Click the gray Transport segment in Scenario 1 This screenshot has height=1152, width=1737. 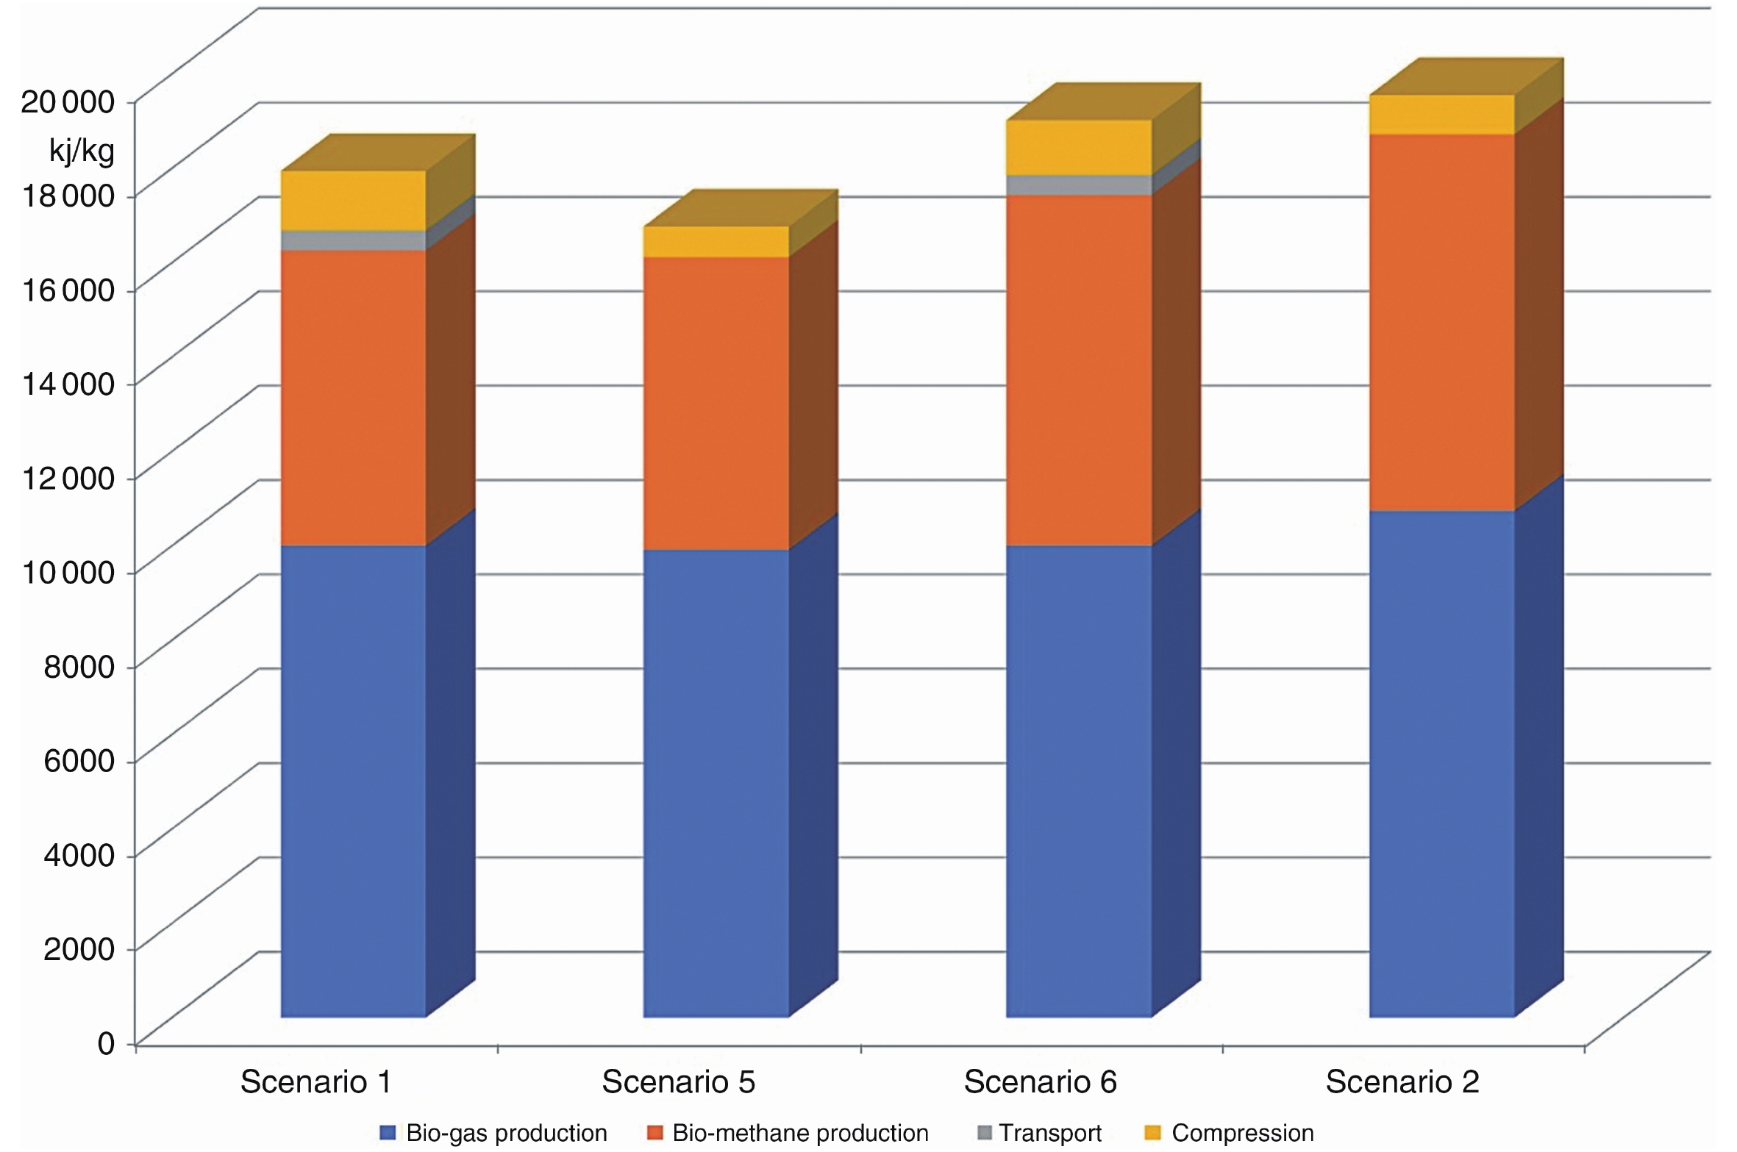(x=353, y=240)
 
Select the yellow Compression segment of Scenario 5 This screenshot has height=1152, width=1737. (x=716, y=241)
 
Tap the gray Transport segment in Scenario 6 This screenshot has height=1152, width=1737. (x=1078, y=185)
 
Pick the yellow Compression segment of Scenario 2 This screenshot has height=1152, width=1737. (x=1441, y=115)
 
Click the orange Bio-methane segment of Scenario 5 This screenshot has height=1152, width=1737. (x=716, y=403)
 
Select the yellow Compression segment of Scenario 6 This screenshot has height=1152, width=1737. (x=1078, y=147)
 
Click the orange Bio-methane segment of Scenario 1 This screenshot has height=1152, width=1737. (x=353, y=397)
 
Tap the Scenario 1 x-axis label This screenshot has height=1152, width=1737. (x=315, y=1081)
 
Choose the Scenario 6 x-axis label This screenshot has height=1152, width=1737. (x=1040, y=1081)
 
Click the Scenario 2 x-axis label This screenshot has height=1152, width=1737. (x=1402, y=1081)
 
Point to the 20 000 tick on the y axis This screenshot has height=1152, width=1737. (x=68, y=101)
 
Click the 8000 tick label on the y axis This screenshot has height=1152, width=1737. (x=79, y=666)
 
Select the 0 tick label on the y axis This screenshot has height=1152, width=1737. (x=106, y=1043)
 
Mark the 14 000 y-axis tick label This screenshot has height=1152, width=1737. (x=68, y=384)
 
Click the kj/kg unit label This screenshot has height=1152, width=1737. (x=82, y=151)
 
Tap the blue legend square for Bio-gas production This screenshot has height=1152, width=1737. (x=388, y=1133)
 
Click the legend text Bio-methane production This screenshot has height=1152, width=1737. (x=800, y=1133)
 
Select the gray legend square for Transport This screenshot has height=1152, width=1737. (x=985, y=1133)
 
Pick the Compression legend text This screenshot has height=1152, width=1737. (x=1242, y=1133)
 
